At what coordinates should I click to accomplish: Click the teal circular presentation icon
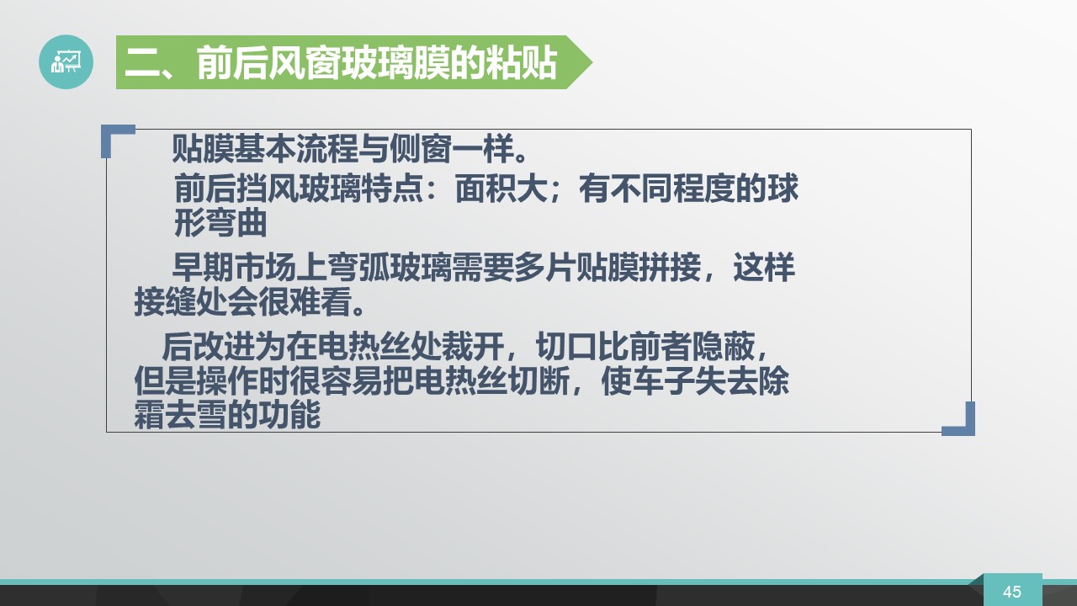coord(66,61)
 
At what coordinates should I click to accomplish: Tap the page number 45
coord(1012,591)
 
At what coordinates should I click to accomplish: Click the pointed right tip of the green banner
coord(592,62)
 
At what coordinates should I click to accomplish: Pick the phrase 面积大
coord(501,188)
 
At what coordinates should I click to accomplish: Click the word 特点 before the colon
coord(392,188)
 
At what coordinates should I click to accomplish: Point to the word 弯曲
coord(236,223)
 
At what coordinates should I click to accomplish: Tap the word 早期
coord(203,268)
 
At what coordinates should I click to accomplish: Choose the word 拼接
coord(670,268)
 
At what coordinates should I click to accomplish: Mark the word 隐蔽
coord(723,346)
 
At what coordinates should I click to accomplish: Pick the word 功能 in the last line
coord(289,415)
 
